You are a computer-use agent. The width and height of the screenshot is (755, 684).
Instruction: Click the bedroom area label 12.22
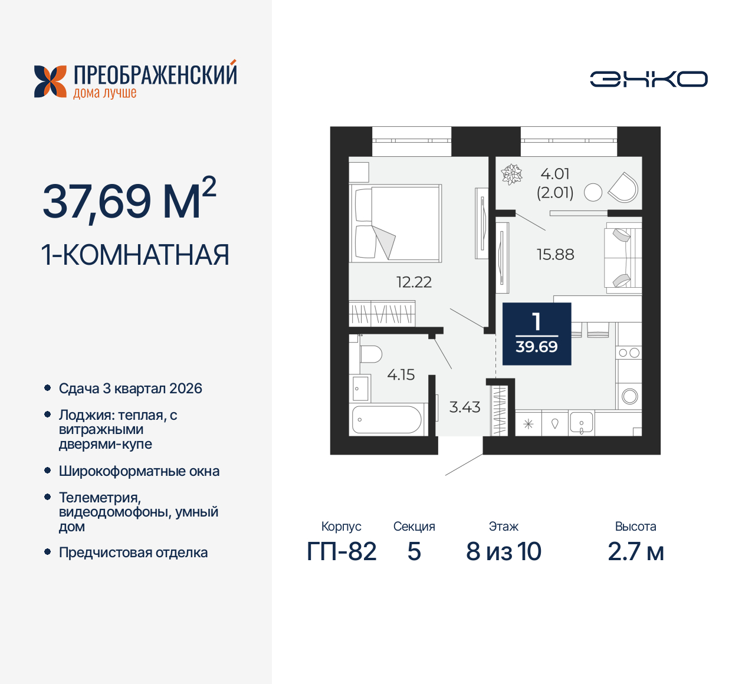click(414, 282)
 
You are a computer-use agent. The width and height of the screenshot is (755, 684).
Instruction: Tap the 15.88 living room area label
click(555, 254)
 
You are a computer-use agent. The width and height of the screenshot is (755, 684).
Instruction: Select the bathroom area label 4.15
click(401, 374)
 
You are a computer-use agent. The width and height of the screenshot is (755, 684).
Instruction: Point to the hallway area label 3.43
click(465, 407)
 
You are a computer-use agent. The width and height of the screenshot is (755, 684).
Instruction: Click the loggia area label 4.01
click(555, 174)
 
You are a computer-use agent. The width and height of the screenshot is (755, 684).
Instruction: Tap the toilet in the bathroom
click(370, 354)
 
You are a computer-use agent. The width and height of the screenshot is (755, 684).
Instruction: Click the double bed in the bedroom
click(396, 223)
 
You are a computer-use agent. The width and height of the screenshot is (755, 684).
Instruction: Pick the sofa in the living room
click(623, 258)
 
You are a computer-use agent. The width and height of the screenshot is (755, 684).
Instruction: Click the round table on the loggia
click(593, 192)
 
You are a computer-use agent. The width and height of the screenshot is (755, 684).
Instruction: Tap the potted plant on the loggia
click(511, 174)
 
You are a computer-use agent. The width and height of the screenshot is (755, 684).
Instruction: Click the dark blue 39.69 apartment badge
click(537, 334)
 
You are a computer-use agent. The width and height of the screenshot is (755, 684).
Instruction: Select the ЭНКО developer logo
click(649, 79)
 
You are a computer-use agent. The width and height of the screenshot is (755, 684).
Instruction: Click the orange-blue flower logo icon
click(50, 81)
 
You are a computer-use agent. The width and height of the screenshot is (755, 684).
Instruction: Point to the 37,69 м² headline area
click(129, 200)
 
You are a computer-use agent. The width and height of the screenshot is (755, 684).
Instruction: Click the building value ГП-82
click(342, 552)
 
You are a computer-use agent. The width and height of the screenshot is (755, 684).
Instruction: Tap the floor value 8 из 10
click(504, 552)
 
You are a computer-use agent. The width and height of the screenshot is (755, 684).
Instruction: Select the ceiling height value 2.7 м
click(636, 552)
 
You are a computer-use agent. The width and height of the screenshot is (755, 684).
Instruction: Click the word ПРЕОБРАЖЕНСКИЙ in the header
click(155, 75)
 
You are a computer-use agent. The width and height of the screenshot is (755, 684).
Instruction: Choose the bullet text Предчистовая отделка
click(133, 553)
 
